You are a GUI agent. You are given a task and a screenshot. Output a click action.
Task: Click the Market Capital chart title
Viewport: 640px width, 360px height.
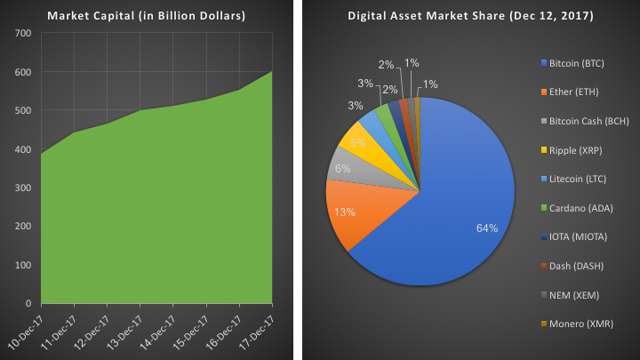click(x=146, y=17)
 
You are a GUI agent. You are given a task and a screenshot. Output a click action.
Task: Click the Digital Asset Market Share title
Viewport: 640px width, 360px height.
click(x=471, y=17)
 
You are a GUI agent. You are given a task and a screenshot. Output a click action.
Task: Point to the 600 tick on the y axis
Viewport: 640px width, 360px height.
click(x=23, y=72)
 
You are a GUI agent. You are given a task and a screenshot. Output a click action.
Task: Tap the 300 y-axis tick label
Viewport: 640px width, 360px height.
click(x=23, y=188)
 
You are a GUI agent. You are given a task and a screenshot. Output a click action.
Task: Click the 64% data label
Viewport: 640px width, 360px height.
click(x=486, y=228)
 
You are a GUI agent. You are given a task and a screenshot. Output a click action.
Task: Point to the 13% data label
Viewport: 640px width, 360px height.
click(x=347, y=212)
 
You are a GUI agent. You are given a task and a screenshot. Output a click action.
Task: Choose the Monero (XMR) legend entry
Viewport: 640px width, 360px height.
click(x=580, y=324)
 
